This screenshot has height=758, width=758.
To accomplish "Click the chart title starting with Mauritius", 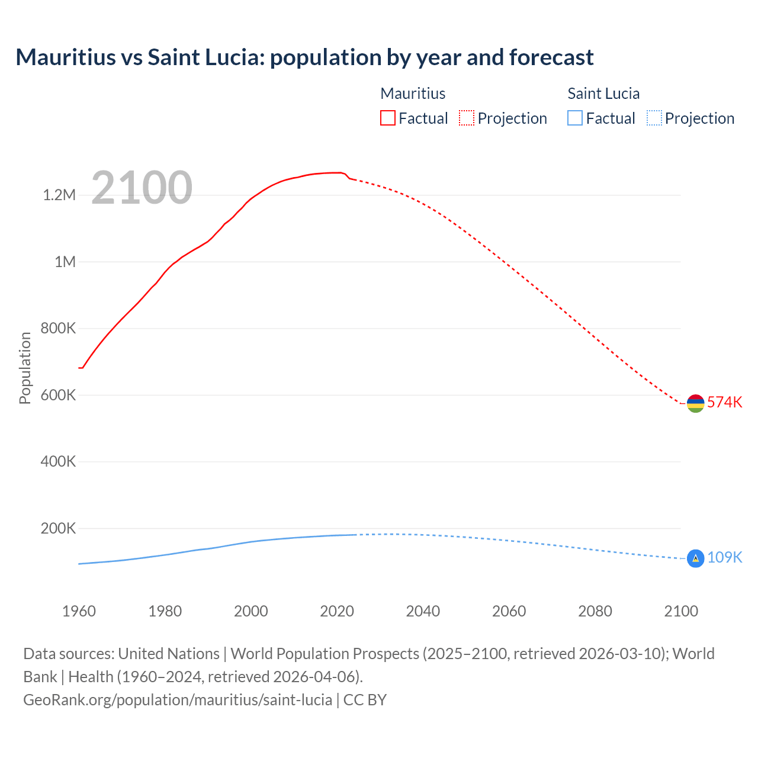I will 304,57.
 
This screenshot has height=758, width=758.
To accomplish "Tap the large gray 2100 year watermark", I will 142,188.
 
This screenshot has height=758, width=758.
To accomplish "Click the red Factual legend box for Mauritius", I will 388,118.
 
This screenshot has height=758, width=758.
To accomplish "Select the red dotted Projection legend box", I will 467,118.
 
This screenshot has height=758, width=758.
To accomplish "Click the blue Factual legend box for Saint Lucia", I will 575,118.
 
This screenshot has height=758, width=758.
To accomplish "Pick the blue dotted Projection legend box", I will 654,118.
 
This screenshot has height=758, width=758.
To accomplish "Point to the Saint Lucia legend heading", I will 603,94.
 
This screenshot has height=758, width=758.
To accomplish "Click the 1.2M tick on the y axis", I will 59,195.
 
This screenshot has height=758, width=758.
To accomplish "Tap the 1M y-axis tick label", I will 65,262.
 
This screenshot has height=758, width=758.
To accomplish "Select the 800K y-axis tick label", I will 58,329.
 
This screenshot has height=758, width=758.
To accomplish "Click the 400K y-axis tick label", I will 58,462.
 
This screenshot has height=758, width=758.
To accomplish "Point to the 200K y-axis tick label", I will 58,528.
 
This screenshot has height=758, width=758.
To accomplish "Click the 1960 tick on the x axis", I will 79,611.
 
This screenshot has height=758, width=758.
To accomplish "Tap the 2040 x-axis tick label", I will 423,611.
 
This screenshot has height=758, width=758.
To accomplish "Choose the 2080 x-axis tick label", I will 595,611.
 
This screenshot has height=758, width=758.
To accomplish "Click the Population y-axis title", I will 25,368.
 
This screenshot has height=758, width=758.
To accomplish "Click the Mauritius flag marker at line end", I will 695,403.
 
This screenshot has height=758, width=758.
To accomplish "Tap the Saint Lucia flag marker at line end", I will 695,558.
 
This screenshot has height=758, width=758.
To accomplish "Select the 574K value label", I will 724,403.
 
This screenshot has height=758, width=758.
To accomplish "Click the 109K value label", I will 724,558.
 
